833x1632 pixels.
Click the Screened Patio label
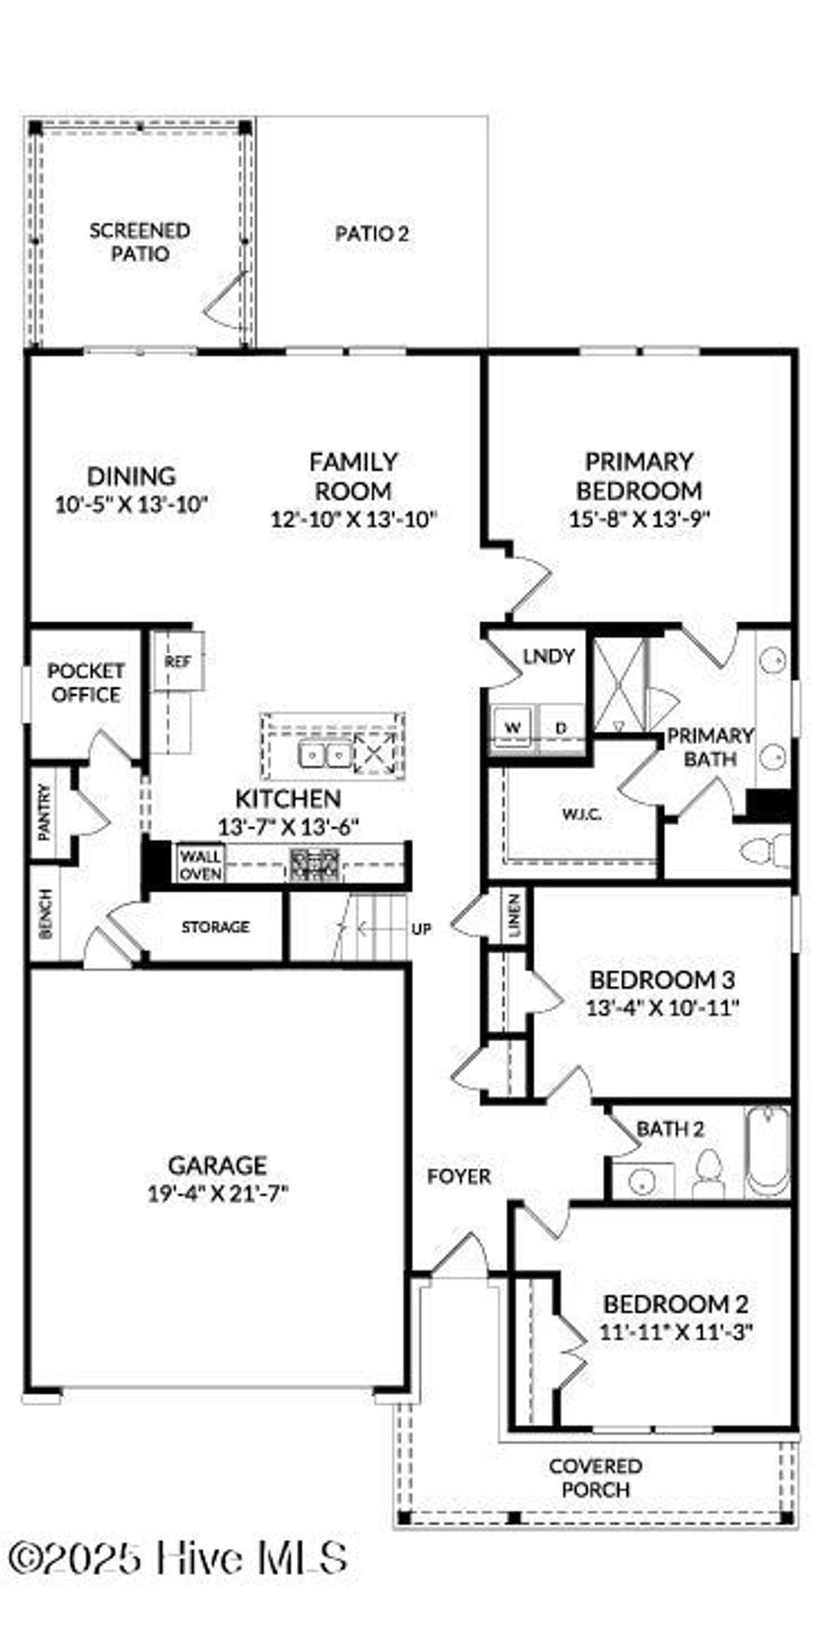tap(139, 242)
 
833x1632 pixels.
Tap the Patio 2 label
tap(372, 234)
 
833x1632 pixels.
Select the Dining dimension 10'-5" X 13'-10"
tap(132, 505)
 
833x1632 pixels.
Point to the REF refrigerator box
tap(177, 661)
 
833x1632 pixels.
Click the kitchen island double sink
tap(325, 756)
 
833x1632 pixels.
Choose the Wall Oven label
tap(200, 865)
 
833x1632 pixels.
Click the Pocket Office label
tap(85, 683)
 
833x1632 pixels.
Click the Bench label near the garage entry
tap(46, 914)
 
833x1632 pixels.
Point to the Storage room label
tap(215, 927)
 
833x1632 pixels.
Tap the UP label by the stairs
tap(421, 928)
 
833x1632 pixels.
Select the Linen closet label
tap(514, 917)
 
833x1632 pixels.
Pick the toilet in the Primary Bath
tap(764, 851)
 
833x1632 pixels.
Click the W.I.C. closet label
tap(581, 814)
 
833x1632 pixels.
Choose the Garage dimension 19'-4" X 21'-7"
tap(217, 1194)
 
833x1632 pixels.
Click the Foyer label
tap(459, 1176)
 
